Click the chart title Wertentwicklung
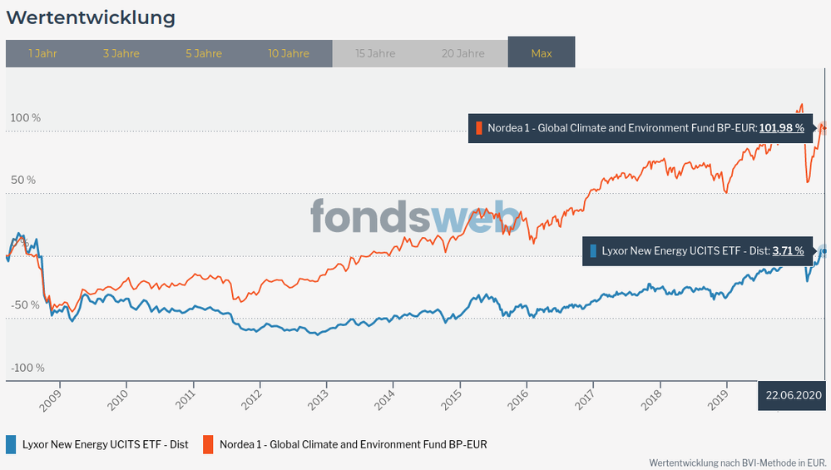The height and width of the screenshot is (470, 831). [x=91, y=17]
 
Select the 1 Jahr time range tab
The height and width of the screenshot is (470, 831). [x=42, y=53]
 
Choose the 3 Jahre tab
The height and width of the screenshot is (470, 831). [x=121, y=53]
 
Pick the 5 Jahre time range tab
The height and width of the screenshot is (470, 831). [x=204, y=53]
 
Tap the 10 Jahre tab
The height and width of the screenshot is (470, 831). [x=289, y=53]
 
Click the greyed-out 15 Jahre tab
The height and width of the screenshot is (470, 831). [x=375, y=53]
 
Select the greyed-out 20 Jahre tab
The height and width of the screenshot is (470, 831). [x=463, y=53]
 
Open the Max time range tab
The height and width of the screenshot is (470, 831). [x=542, y=53]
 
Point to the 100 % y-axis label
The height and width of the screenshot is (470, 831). [x=25, y=118]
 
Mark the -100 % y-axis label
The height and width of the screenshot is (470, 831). [x=27, y=368]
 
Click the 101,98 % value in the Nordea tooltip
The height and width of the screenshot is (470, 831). [x=781, y=128]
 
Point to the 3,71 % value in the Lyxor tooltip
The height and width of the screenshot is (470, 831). [x=788, y=250]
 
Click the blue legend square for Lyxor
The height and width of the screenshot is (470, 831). [x=12, y=444]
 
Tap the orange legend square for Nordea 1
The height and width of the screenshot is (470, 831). [x=209, y=444]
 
